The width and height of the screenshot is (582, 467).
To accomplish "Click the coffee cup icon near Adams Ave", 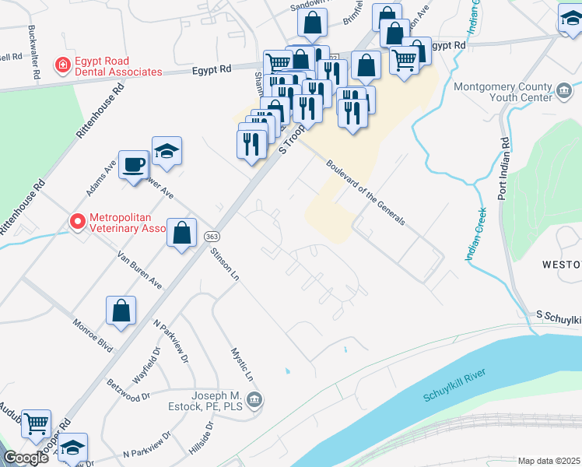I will click(134, 163).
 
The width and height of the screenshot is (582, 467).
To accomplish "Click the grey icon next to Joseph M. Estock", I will click(256, 400).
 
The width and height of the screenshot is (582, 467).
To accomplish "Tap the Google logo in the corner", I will click(25, 458).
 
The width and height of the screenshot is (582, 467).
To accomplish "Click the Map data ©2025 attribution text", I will click(549, 461).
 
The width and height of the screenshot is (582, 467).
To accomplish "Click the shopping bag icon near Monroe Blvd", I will click(121, 311).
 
